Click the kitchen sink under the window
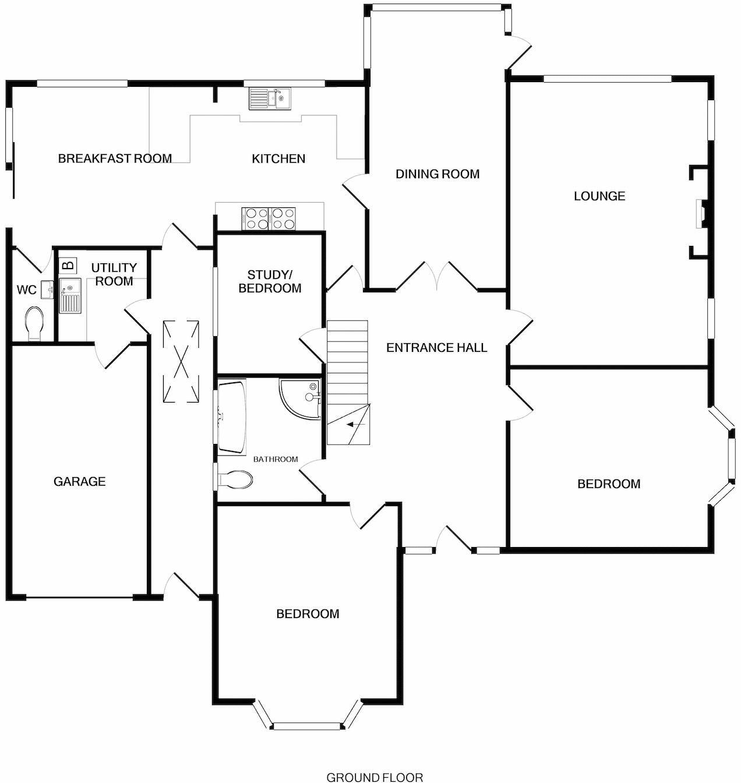pos(270,98)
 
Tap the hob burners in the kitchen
pos(269,219)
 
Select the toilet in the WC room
pos(35,323)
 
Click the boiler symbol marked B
pos(68,265)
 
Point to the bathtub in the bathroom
pos(231,417)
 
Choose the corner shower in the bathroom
pos(301,398)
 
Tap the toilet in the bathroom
pos(235,479)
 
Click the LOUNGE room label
pos(599,196)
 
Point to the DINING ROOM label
pos(437,174)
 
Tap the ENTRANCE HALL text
pos(436,348)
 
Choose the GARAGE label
pos(79,482)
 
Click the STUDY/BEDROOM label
pos(270,281)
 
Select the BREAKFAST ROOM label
pos(115,158)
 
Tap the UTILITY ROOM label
pos(114,274)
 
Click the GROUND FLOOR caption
pos(374,777)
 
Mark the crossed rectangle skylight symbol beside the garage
pos(181,361)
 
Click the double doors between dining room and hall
pos(436,277)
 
